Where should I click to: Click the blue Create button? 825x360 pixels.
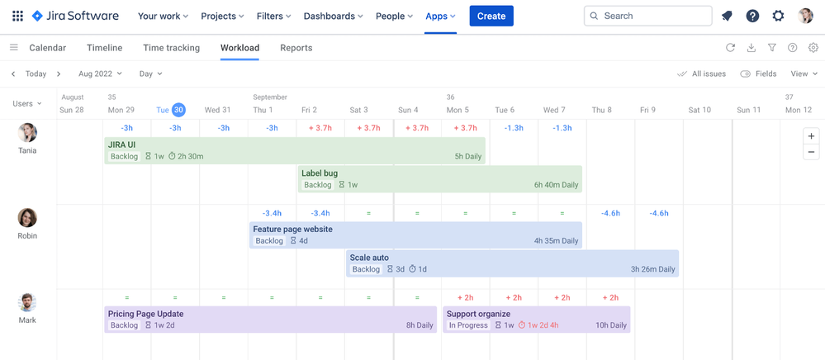point(491,16)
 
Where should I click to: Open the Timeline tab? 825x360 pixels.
point(104,48)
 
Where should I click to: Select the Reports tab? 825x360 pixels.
point(296,48)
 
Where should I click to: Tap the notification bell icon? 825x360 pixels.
point(727,16)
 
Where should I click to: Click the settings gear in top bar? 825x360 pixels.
point(778,16)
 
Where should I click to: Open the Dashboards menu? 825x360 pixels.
point(333,16)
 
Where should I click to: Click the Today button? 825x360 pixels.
point(36,73)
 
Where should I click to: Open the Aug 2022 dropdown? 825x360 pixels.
point(100,73)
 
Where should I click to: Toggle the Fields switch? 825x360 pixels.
point(746,73)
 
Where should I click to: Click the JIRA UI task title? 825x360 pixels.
point(121,144)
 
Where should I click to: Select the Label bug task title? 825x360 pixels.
point(320,173)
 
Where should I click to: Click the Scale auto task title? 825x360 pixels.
point(369,258)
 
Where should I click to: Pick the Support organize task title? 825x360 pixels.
point(478,314)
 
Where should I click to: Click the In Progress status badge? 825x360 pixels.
point(468,325)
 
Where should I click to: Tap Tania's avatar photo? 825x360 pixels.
point(27,133)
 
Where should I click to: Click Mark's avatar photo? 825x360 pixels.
point(27,302)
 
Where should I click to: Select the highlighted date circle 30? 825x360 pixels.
point(178,110)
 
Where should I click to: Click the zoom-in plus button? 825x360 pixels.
point(811,136)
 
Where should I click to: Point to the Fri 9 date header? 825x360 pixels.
point(647,110)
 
